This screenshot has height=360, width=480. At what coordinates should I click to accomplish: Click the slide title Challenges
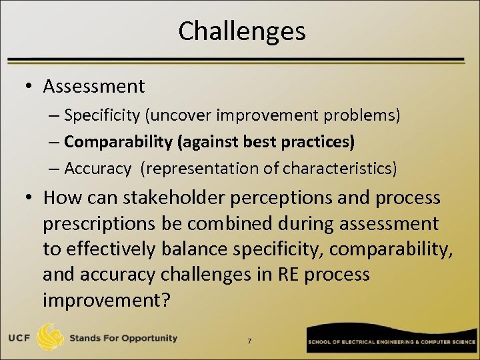tap(241, 31)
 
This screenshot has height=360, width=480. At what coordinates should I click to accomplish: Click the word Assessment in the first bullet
tap(93, 86)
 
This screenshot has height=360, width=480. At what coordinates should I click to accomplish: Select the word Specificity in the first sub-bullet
tap(102, 115)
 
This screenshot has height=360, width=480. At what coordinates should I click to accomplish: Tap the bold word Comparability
tap(117, 142)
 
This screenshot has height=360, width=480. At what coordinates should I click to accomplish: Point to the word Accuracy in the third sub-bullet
tap(98, 169)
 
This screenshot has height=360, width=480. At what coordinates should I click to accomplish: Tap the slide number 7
tap(249, 341)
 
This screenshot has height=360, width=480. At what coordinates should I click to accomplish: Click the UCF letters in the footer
tap(19, 339)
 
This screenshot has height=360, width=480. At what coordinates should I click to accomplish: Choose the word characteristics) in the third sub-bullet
tap(339, 169)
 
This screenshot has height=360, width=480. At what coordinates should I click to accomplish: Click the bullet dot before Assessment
tap(31, 87)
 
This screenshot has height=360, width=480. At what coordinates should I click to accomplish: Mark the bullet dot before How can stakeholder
tap(31, 199)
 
